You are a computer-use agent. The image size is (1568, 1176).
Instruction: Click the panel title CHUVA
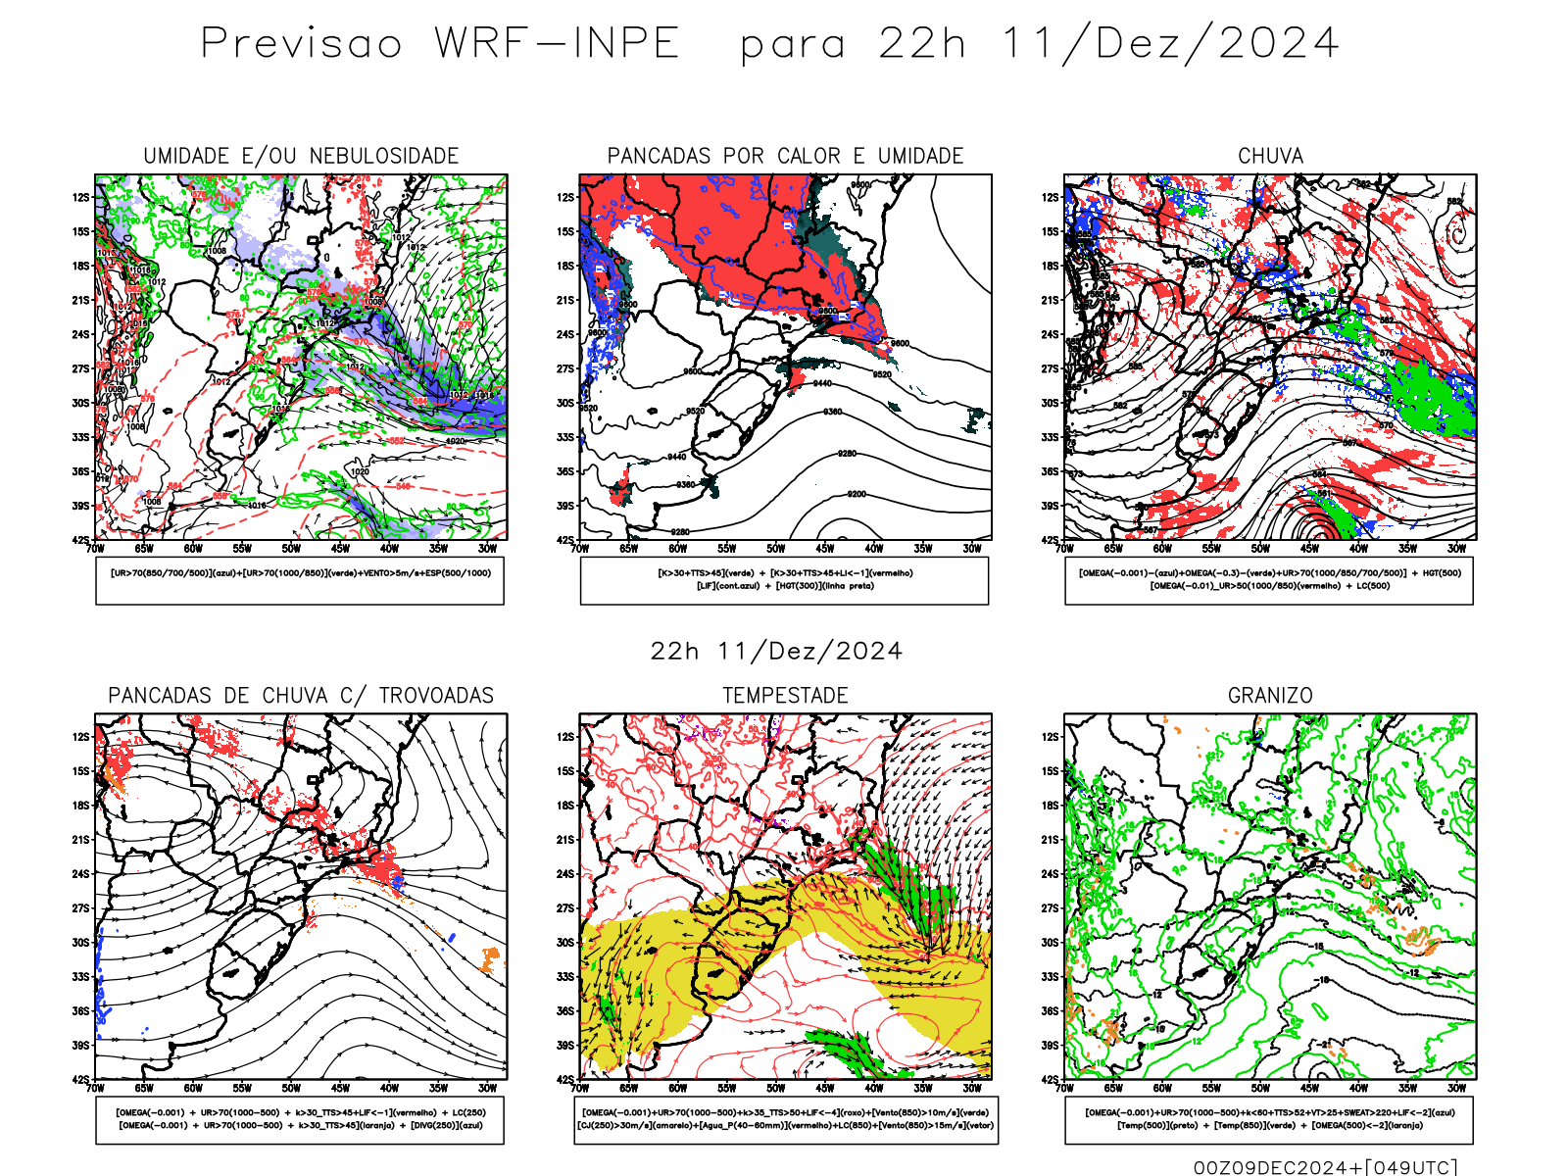pyautogui.click(x=1270, y=156)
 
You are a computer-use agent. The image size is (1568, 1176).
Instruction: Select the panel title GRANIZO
pyautogui.click(x=1270, y=696)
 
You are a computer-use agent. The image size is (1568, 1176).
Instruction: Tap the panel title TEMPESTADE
pyautogui.click(x=785, y=696)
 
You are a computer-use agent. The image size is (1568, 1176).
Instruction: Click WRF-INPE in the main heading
pyautogui.click(x=557, y=44)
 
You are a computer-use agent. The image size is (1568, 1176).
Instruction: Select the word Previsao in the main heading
pyautogui.click(x=302, y=44)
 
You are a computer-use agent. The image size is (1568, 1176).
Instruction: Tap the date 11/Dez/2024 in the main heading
pyautogui.click(x=1169, y=44)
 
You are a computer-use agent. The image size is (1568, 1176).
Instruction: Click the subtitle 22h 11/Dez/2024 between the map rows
pyautogui.click(x=776, y=652)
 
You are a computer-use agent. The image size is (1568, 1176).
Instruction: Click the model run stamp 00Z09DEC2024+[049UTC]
pyautogui.click(x=1325, y=1167)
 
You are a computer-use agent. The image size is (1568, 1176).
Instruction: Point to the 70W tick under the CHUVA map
pyautogui.click(x=1065, y=549)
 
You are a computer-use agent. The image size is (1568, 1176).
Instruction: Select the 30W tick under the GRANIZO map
pyautogui.click(x=1457, y=1088)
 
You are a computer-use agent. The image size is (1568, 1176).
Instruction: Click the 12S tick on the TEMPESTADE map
pyautogui.click(x=565, y=737)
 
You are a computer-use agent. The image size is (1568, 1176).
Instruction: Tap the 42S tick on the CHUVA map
pyautogui.click(x=1051, y=540)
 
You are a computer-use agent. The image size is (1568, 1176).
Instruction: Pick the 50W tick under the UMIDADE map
pyautogui.click(x=291, y=549)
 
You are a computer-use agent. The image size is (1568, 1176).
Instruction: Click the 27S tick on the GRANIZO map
pyautogui.click(x=1051, y=908)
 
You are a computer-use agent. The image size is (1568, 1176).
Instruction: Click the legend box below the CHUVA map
pyautogui.click(x=1269, y=580)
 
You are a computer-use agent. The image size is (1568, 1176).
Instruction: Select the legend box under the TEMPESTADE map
pyautogui.click(x=785, y=1119)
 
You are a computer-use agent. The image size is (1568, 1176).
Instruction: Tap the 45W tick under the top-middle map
pyautogui.click(x=825, y=549)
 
